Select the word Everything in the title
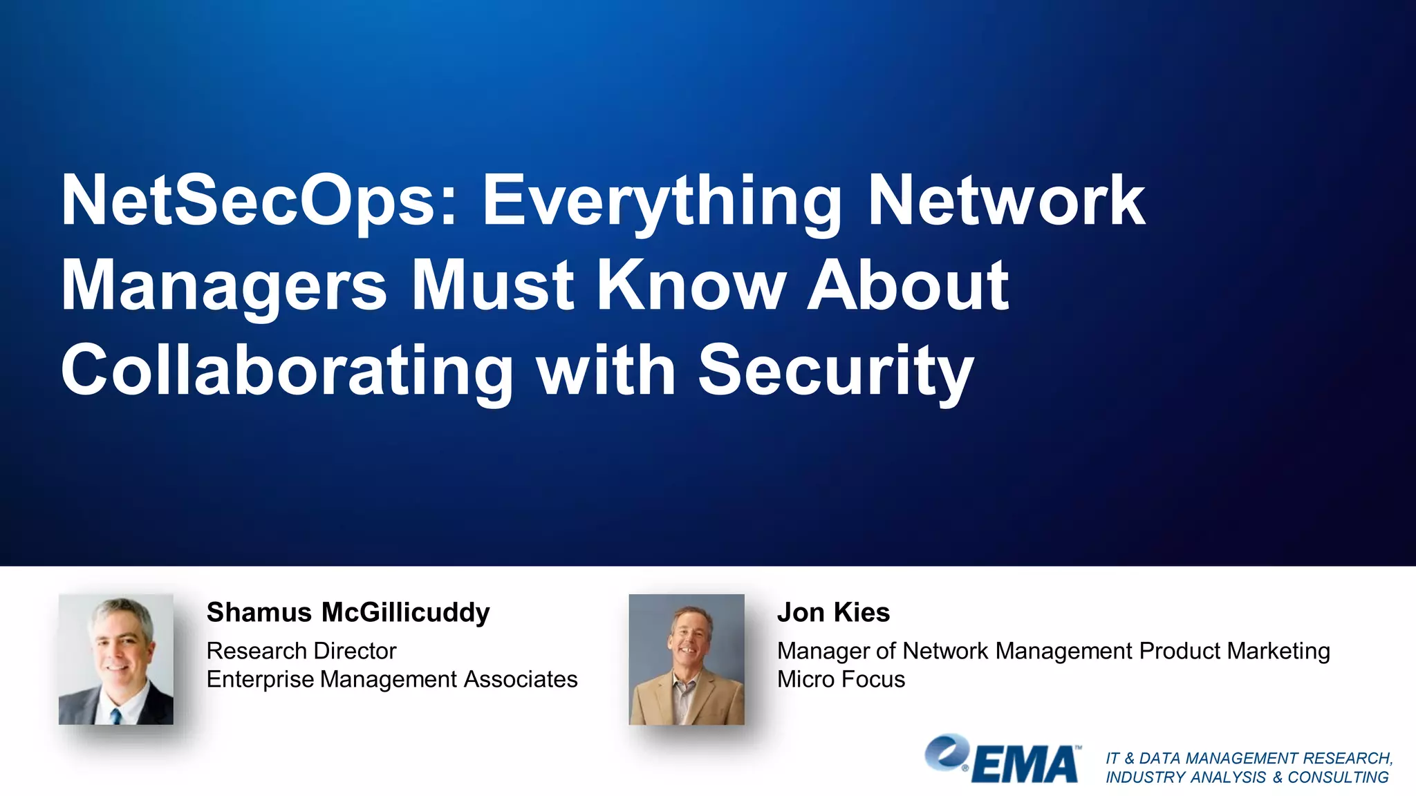[x=661, y=202]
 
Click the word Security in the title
[x=836, y=372]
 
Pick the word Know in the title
[x=691, y=285]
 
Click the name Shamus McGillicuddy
[x=348, y=612]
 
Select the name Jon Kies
[x=833, y=612]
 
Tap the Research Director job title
[x=301, y=651]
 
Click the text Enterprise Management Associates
[x=392, y=679]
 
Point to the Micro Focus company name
[x=841, y=679]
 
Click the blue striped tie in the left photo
[x=116, y=716]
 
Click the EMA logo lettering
[x=1025, y=765]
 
